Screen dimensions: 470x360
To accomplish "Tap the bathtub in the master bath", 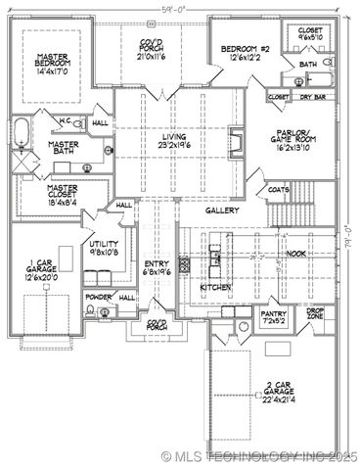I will [22, 131].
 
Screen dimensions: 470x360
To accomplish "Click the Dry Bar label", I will [312, 97].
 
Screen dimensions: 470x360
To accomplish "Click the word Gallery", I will [222, 211].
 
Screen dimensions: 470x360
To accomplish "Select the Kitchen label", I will [215, 289].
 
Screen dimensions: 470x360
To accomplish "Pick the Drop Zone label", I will [316, 314].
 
